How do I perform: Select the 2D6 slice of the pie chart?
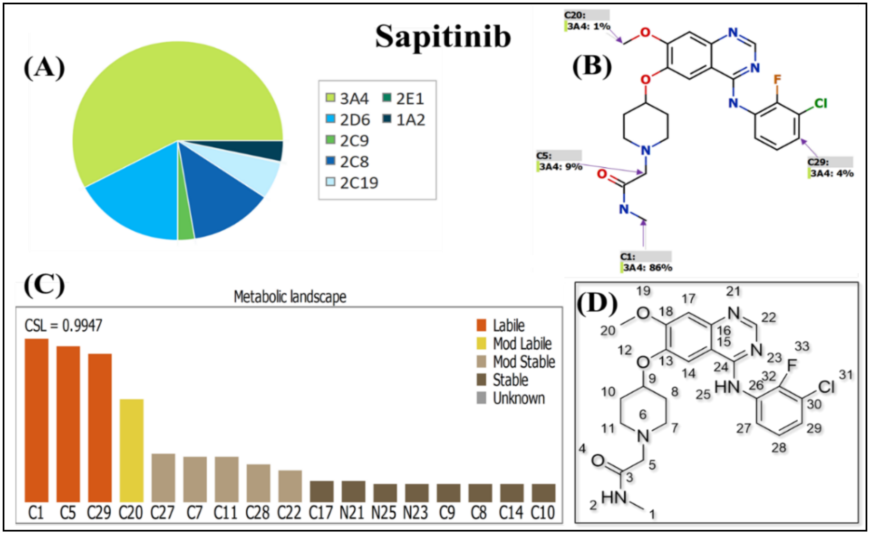click(x=138, y=198)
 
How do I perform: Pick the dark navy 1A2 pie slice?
click(x=269, y=150)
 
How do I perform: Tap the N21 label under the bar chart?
click(x=352, y=512)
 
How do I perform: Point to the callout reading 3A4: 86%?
click(x=648, y=267)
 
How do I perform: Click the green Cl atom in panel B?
click(x=820, y=104)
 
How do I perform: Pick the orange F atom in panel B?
click(x=777, y=79)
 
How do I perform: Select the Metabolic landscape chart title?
click(x=290, y=297)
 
